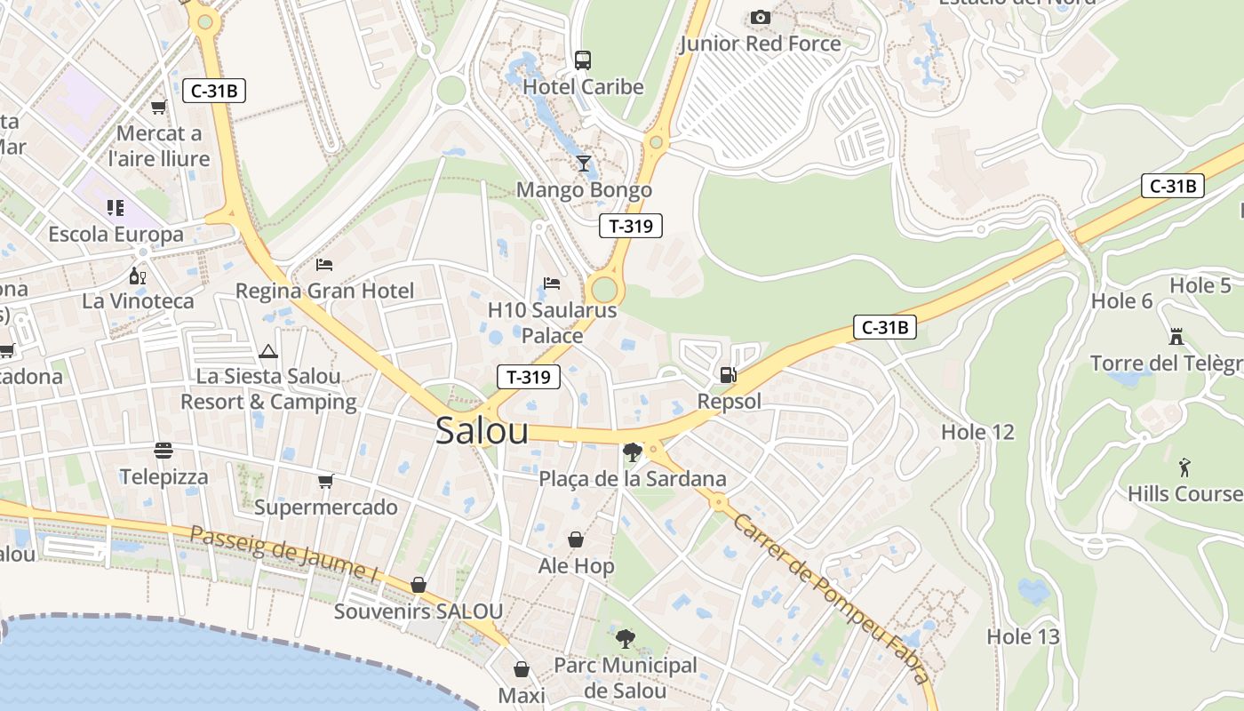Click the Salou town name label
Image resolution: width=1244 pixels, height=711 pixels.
tap(482, 431)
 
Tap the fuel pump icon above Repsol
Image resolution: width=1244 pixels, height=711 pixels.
tap(728, 375)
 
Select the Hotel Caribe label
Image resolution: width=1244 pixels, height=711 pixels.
tap(583, 87)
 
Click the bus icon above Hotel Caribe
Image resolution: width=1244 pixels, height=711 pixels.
tap(583, 60)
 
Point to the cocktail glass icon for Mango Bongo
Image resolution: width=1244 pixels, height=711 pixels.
tap(584, 163)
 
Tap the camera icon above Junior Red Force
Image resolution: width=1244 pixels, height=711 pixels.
tap(760, 17)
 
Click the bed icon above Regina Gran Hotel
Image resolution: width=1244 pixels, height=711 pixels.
tap(324, 265)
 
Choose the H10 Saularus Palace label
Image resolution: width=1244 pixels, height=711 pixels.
tap(552, 323)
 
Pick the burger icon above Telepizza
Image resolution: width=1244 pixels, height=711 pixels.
tap(163, 451)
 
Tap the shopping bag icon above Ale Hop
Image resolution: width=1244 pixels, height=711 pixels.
tap(576, 539)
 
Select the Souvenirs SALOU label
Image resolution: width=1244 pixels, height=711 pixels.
tap(419, 611)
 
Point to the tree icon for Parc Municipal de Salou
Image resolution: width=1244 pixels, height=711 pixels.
tap(626, 638)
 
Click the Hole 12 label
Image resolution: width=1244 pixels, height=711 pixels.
tap(977, 433)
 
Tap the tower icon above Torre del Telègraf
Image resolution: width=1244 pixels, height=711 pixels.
tap(1176, 337)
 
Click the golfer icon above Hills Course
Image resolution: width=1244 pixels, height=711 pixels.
tap(1184, 467)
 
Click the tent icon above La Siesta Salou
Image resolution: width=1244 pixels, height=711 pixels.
tap(268, 351)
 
